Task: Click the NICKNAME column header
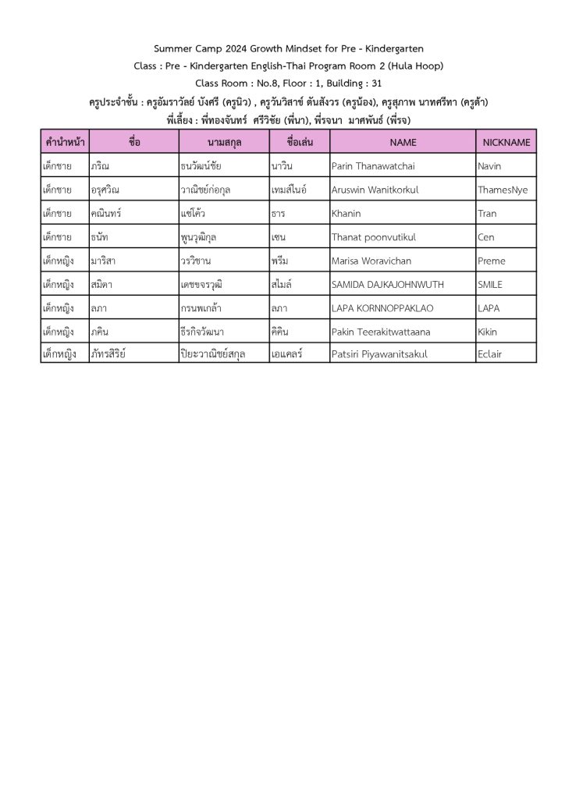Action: [506, 142]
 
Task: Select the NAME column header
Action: [403, 142]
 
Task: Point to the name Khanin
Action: [346, 213]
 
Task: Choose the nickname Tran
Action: [487, 213]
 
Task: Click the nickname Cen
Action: [485, 237]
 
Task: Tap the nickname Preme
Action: [491, 261]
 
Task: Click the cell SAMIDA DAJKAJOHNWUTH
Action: [382, 285]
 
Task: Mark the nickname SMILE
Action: [490, 285]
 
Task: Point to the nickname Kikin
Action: [487, 332]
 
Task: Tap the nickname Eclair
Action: [490, 354]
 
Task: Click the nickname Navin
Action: [489, 166]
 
